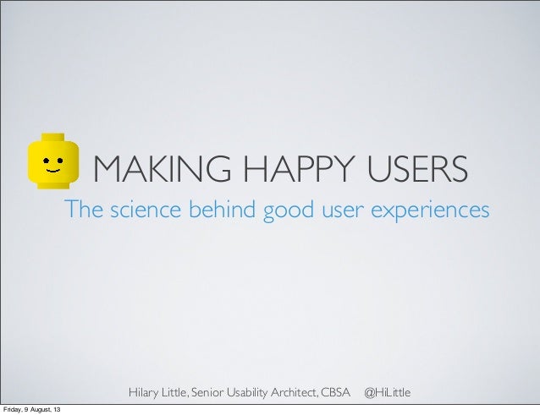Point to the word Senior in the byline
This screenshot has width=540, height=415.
(212, 393)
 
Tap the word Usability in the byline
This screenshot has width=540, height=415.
(256, 393)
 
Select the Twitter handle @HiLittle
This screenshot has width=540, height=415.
(387, 393)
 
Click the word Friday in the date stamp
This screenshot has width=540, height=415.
(14, 410)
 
